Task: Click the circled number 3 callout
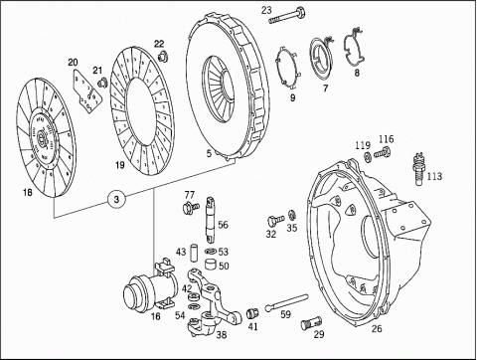pos(116,200)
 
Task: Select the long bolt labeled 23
pos(287,16)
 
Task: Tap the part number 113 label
pos(434,176)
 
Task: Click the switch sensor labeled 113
pos(418,169)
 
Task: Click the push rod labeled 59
pos(286,302)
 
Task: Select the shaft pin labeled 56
pos(211,219)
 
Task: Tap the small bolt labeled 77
pos(191,207)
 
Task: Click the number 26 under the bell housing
pos(377,328)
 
